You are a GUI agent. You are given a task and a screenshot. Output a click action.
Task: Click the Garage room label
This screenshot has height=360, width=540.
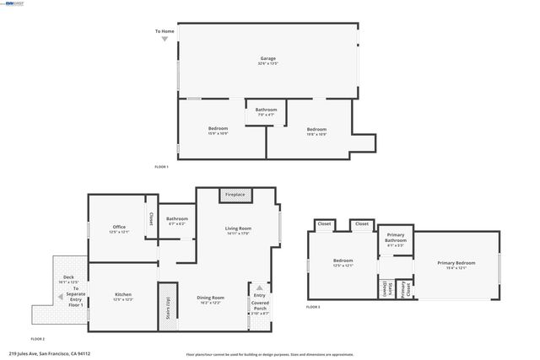click(268, 61)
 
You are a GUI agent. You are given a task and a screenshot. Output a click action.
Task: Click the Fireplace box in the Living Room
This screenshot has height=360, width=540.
click(235, 195)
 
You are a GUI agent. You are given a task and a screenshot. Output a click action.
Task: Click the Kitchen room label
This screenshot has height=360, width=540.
click(123, 297)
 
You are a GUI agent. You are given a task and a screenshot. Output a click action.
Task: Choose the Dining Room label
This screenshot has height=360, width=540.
click(210, 298)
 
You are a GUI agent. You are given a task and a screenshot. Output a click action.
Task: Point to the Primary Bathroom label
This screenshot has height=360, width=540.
click(396, 242)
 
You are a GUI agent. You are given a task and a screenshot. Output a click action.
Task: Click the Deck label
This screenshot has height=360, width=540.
click(68, 277)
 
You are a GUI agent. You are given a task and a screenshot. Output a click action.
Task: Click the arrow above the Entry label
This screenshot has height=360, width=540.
click(260, 287)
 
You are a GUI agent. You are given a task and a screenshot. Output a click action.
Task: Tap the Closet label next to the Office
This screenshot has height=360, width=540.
click(151, 218)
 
